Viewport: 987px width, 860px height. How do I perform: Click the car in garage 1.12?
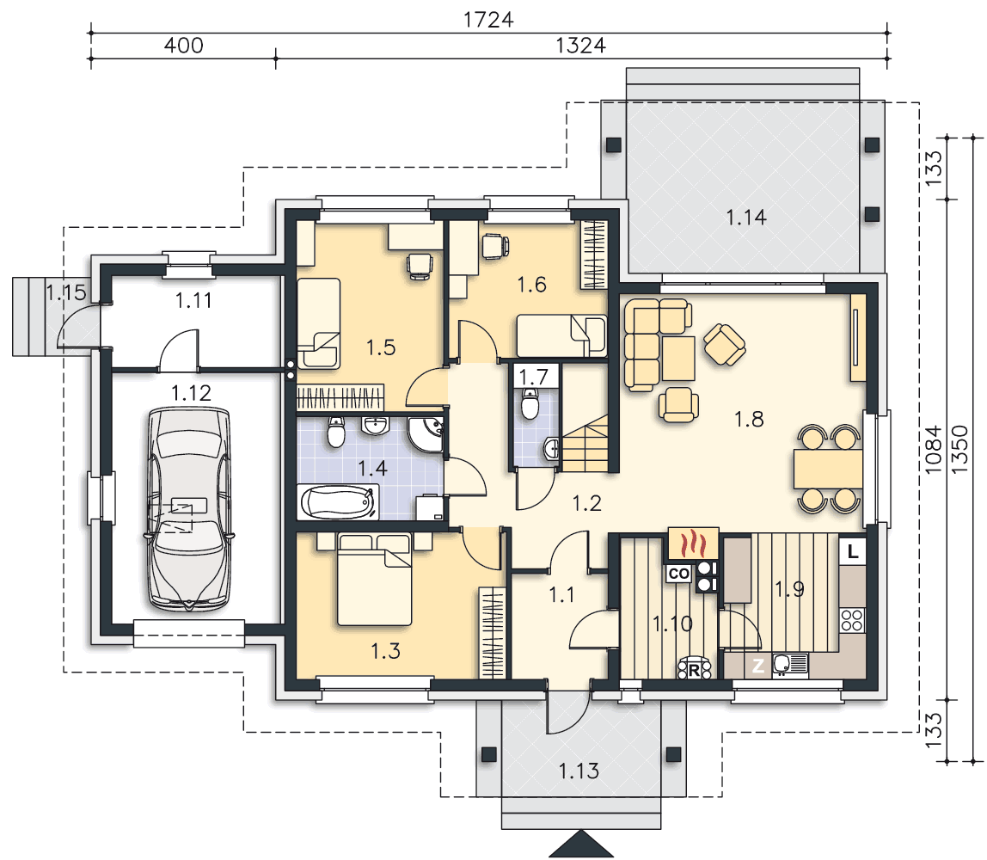point(187,509)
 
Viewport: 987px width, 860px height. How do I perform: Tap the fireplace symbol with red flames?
point(692,543)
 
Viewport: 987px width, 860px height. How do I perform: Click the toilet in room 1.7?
point(530,403)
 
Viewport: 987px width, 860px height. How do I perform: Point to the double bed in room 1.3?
point(375,579)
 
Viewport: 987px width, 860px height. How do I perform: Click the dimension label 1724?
point(488,20)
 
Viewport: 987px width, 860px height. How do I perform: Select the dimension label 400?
point(183,46)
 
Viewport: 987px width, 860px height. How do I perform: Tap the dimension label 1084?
point(933,449)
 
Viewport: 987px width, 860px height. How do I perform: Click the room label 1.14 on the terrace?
point(746,218)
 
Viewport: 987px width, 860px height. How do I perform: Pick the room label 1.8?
point(749,419)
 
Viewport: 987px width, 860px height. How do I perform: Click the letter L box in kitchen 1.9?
point(852,552)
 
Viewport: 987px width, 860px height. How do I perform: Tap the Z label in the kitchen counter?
point(758,665)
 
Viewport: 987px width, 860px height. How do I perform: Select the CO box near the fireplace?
point(679,574)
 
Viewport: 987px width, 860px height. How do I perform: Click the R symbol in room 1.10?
point(695,669)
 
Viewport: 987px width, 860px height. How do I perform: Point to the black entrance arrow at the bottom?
point(581,844)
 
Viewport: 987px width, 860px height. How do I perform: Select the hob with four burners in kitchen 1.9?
point(852,619)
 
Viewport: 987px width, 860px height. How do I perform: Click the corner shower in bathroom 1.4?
point(426,433)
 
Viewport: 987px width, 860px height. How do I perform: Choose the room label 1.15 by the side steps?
point(65,292)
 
